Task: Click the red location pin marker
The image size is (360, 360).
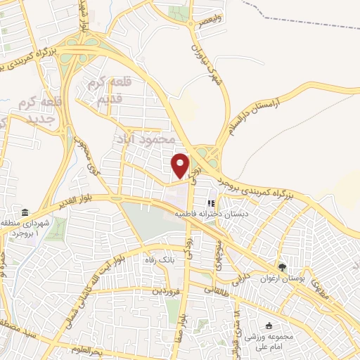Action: [181, 165]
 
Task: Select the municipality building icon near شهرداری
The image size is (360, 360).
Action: [25, 213]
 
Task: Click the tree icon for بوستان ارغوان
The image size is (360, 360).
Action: [282, 267]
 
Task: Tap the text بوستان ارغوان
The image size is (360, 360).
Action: [304, 279]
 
